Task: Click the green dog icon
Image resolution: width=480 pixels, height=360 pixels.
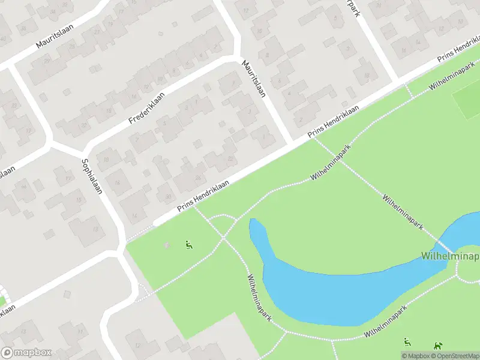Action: click(439, 344)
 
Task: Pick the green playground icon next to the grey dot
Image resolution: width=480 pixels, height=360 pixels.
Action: click(189, 244)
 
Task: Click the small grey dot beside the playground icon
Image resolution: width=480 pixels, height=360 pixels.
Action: click(167, 244)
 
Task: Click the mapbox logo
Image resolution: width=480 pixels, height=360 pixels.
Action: click(26, 353)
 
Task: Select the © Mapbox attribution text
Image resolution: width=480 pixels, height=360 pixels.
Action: click(416, 356)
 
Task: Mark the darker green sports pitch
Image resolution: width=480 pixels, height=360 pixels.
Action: click(467, 99)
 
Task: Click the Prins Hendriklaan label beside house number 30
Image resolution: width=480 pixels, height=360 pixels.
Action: click(203, 196)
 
